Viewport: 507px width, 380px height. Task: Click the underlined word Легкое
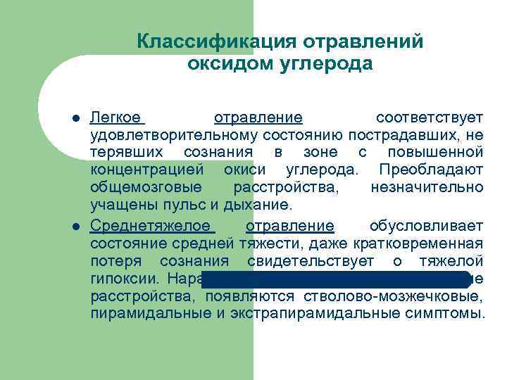(115, 116)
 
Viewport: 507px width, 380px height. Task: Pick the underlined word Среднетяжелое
(151, 226)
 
